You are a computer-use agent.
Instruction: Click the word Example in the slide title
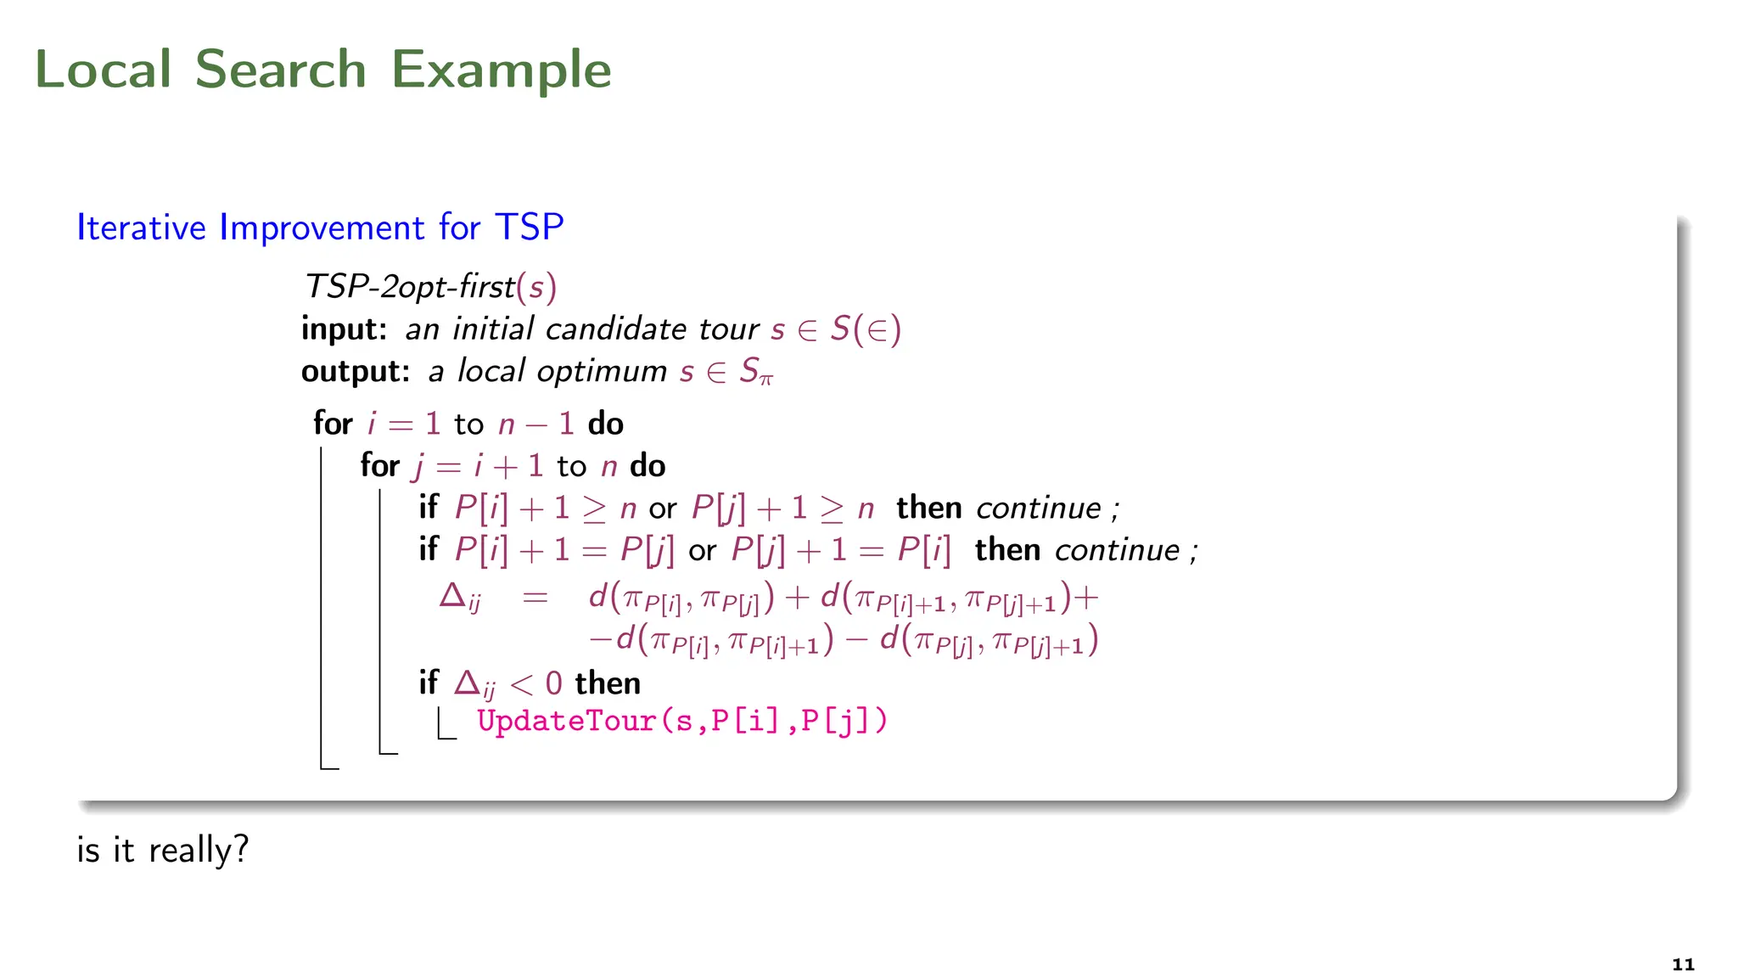coord(501,70)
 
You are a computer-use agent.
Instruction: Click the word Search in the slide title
coord(280,69)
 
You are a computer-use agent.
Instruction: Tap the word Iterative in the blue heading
coord(141,228)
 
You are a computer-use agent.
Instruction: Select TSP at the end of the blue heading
coord(529,228)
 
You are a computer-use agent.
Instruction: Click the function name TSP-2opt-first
coord(410,287)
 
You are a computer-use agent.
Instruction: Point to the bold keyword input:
coord(344,329)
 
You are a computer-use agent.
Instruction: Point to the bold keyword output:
coord(356,371)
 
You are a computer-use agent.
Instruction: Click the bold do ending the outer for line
coord(605,424)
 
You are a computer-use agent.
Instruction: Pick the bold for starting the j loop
coord(379,466)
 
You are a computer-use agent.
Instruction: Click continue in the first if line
coord(1039,509)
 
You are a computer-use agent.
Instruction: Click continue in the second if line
coord(1117,551)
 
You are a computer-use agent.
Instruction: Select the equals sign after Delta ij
coord(535,598)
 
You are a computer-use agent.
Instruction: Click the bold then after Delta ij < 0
coord(608,683)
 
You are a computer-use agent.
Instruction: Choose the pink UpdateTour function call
coord(681,721)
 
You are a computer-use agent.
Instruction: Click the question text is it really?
coord(163,850)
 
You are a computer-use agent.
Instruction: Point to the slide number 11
coord(1683,964)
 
